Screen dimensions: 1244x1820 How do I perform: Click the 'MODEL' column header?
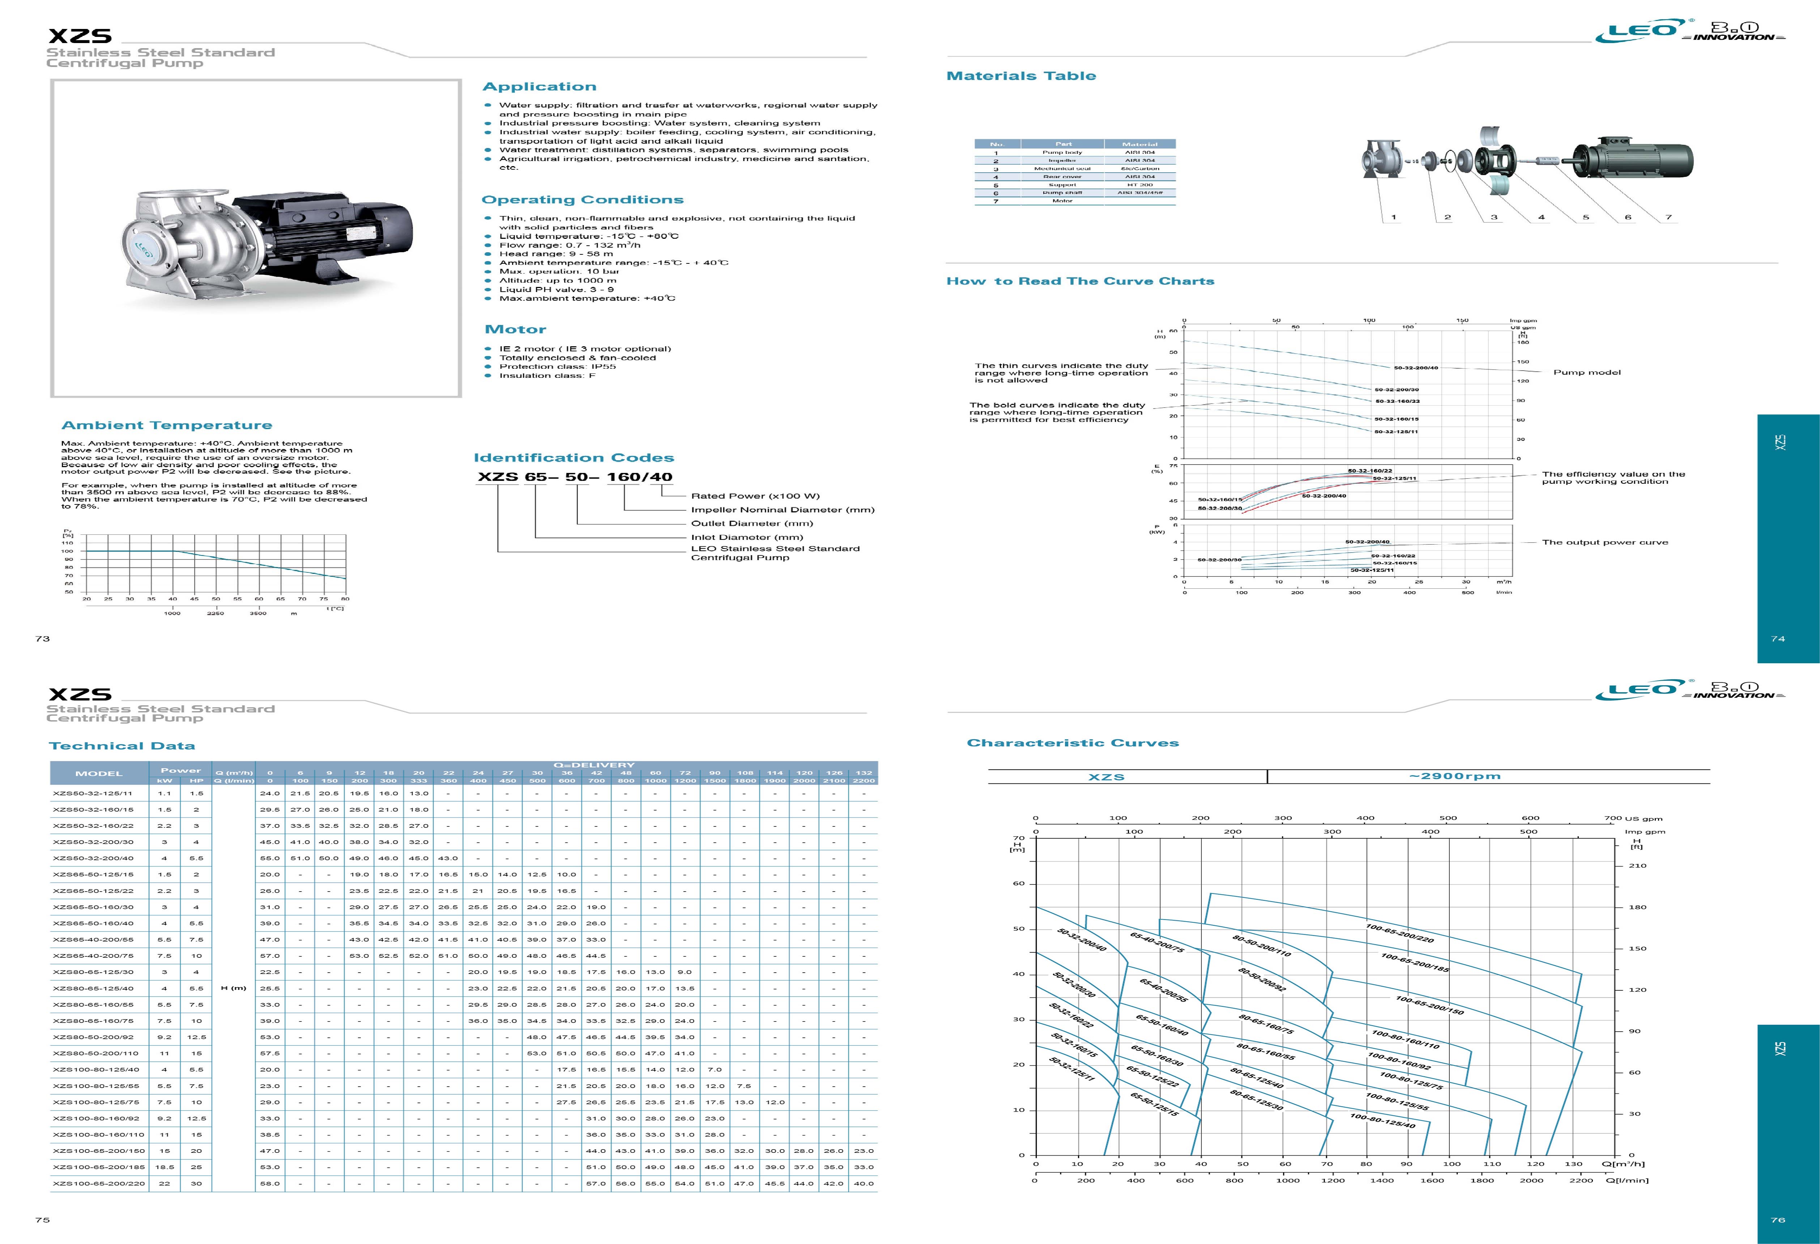pyautogui.click(x=99, y=773)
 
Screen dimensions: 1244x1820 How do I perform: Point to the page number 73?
pyautogui.click(x=42, y=638)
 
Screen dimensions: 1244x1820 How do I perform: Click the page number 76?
pyautogui.click(x=1778, y=1220)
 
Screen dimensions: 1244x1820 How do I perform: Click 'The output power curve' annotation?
pyautogui.click(x=1604, y=542)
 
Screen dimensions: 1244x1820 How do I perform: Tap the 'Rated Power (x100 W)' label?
pyautogui.click(x=755, y=496)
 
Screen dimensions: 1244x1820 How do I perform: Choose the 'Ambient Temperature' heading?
pyautogui.click(x=167, y=426)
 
